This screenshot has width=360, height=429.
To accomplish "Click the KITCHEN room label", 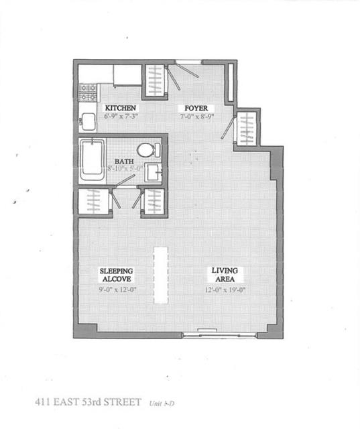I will click(121, 108).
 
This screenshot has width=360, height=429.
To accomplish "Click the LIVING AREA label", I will click(225, 274).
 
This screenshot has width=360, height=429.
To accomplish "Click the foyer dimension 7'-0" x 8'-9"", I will click(194, 117).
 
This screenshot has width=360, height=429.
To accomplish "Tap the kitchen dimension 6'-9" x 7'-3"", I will click(121, 117).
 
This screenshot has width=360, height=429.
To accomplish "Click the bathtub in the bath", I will click(93, 160).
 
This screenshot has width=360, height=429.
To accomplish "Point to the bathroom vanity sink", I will click(153, 172).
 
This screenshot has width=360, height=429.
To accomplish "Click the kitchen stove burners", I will click(88, 92).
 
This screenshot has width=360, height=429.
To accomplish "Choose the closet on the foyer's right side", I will click(247, 127).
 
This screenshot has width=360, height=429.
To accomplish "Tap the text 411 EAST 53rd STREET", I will click(88, 402).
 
